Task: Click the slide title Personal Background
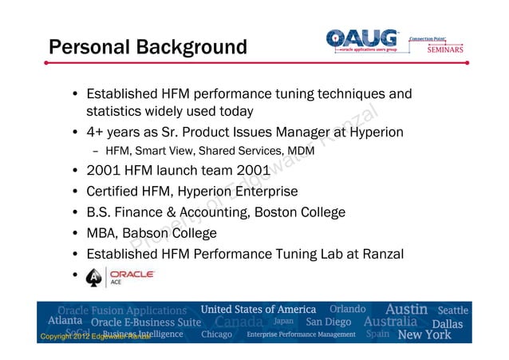click(148, 48)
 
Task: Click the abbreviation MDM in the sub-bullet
click(300, 151)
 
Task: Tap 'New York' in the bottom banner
click(424, 334)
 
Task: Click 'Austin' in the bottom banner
click(407, 309)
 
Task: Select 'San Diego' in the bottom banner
click(329, 322)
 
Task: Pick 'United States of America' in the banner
click(258, 309)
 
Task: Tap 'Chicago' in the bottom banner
click(217, 334)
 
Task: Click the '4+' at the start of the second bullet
click(97, 132)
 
